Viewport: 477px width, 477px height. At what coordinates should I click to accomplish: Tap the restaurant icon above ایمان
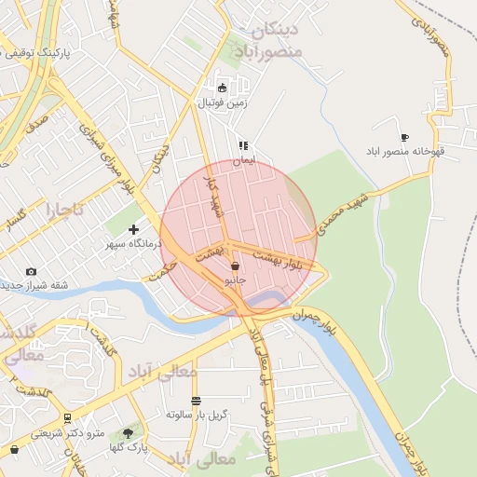[243, 146]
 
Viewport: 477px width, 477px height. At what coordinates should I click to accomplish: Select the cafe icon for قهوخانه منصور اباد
[404, 137]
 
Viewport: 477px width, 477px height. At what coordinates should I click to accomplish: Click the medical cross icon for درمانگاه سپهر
[133, 229]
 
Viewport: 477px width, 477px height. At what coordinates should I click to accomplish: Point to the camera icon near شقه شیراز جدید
[32, 271]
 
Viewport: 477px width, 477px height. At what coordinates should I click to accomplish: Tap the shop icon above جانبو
[235, 266]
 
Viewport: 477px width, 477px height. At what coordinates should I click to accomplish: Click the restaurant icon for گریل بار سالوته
[197, 401]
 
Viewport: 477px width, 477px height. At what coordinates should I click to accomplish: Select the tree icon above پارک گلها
[128, 433]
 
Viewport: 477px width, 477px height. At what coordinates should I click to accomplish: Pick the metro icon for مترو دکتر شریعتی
[67, 418]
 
